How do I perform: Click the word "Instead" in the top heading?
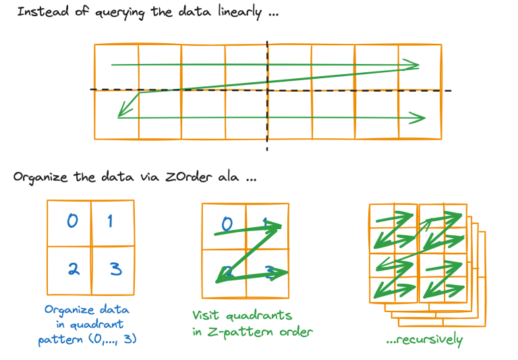pos(43,11)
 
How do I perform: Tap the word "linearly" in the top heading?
pos(239,12)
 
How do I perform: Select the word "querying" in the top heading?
pos(120,13)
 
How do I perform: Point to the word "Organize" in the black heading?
pos(40,177)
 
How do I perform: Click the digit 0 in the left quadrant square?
pos(73,220)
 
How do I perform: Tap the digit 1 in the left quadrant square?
pos(111,220)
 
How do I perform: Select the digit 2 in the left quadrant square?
pos(74,269)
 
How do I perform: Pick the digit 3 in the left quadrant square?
pos(116,268)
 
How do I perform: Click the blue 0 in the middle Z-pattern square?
pos(227,224)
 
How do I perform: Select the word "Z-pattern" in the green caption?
pos(241,332)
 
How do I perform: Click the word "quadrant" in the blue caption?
pos(97,325)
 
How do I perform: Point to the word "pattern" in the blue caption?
pos(61,340)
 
